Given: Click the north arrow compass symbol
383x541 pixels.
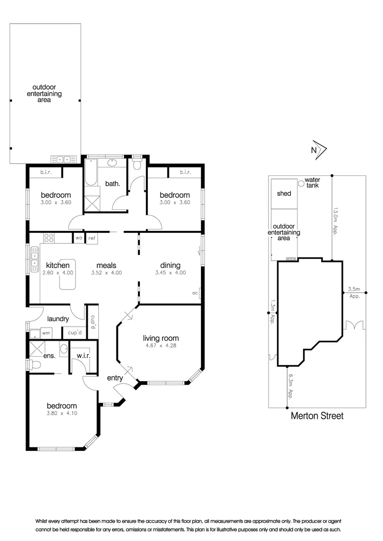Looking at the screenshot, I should pos(319,150).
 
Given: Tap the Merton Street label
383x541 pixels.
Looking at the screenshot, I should pos(317,416).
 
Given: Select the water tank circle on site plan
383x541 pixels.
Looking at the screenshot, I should pos(301,183).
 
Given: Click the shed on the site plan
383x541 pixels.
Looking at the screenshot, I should pos(284,193).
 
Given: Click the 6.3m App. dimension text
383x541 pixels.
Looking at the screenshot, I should pos(289,387).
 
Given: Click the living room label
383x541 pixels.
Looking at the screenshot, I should pos(160,338).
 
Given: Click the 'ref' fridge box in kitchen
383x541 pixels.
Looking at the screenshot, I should pos(92,238).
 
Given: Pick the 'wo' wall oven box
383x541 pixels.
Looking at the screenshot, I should pos(79,238).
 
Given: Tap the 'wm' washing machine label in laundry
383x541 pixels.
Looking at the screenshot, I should pos(46,333).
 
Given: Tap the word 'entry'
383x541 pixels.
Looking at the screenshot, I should pos(115,378).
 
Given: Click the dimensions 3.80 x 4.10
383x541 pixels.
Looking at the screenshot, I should pos(62,414).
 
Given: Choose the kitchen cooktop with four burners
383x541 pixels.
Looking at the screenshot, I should pos(49,238).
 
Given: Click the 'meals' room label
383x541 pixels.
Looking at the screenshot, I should pos(107,265).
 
